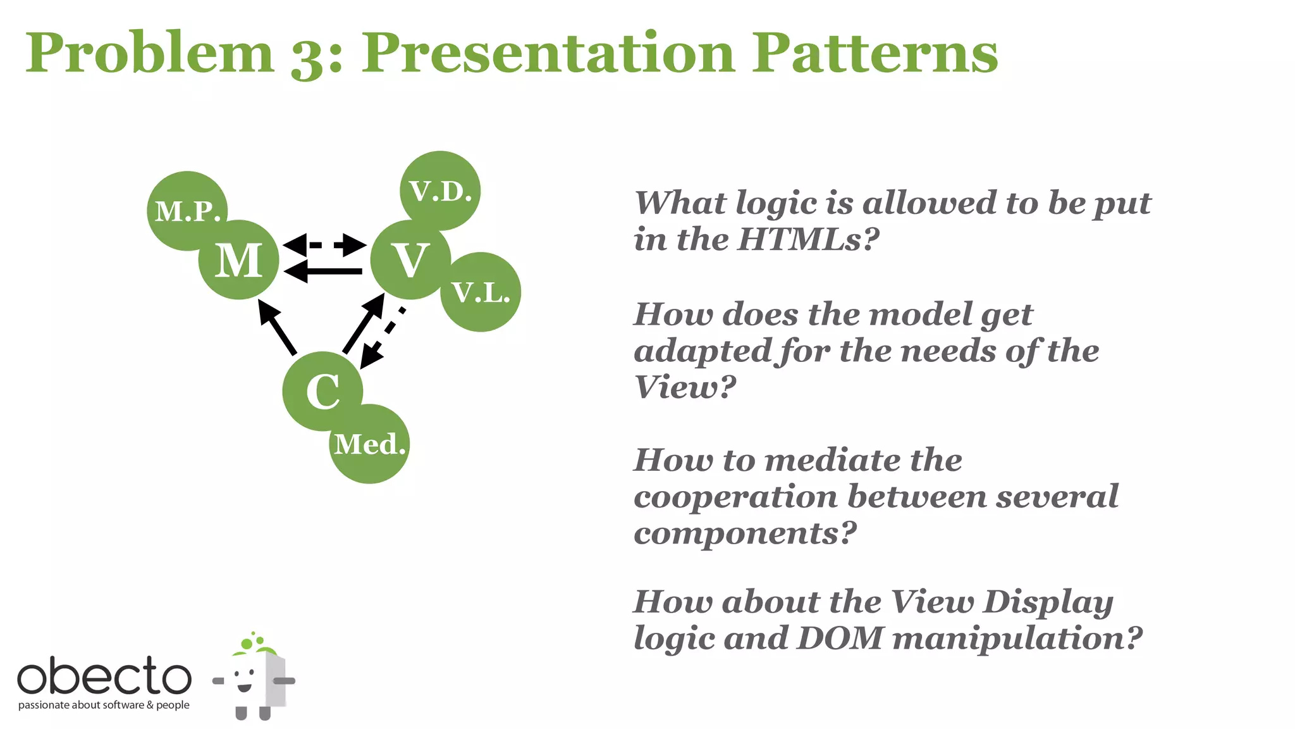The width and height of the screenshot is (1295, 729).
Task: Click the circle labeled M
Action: click(238, 260)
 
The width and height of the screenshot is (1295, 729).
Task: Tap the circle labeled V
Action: click(410, 260)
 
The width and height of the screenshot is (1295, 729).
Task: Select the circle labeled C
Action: click(322, 391)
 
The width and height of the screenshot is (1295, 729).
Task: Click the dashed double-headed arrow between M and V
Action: click(324, 244)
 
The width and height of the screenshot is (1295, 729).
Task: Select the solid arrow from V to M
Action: click(324, 271)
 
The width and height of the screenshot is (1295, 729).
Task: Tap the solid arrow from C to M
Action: click(277, 327)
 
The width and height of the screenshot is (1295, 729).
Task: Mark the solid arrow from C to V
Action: click(364, 323)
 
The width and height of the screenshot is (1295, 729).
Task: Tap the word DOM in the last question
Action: click(840, 638)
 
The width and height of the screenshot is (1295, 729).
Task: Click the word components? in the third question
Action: click(745, 533)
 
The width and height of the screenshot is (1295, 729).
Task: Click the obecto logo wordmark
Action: click(104, 676)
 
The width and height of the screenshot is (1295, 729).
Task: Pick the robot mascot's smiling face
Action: click(245, 680)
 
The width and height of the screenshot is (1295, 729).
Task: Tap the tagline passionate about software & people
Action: click(104, 705)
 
